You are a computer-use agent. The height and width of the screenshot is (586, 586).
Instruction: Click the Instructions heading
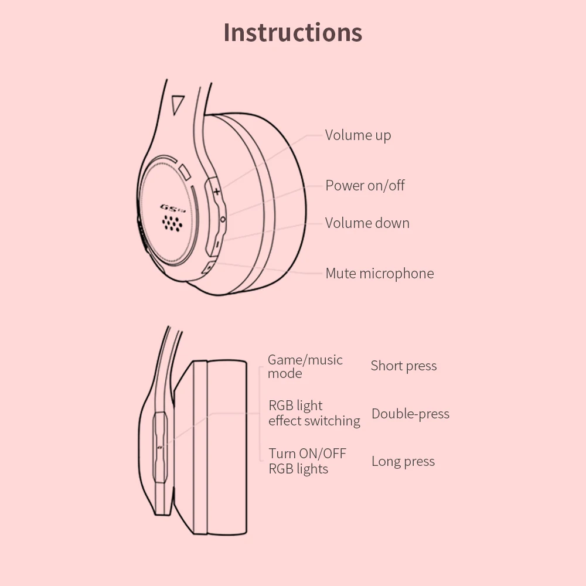292,32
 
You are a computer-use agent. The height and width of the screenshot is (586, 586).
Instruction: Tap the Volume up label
357,135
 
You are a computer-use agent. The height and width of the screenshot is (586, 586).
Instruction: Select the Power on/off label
364,186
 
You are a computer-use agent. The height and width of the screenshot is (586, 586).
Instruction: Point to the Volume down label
367,223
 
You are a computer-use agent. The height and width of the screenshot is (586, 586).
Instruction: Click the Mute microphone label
379,274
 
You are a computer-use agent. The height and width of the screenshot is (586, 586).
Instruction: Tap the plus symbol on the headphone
217,192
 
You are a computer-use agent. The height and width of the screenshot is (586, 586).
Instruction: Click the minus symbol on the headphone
216,244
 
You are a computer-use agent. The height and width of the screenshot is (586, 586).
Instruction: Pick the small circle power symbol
222,219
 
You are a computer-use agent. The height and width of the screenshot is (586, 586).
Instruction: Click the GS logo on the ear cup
172,207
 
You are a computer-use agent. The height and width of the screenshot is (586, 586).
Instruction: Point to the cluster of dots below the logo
172,222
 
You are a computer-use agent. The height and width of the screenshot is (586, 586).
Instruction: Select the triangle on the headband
177,104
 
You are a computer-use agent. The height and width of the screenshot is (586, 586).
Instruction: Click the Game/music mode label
305,367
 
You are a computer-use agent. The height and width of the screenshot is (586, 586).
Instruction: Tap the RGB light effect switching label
314,413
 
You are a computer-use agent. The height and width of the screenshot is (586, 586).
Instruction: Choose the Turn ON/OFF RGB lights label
307,461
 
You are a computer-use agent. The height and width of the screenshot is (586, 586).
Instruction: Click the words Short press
403,366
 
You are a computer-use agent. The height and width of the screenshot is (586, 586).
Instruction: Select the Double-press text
410,414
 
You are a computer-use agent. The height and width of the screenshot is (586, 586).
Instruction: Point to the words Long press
403,462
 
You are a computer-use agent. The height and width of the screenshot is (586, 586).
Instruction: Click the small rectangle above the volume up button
186,172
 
